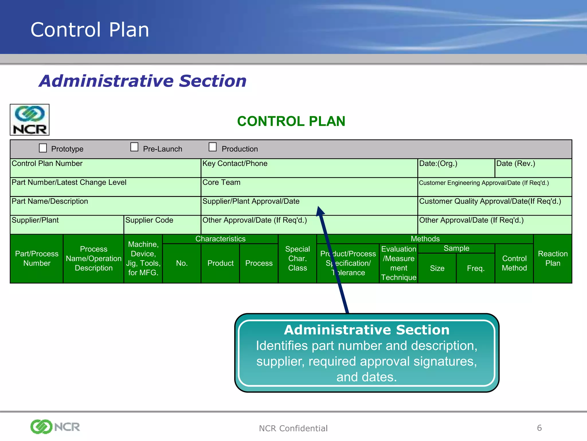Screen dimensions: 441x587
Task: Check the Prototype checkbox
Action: pos(43,148)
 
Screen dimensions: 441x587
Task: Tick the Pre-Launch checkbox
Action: pos(134,147)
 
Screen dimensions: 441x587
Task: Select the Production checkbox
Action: pos(212,147)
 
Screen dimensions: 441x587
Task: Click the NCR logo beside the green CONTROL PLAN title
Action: pos(30,120)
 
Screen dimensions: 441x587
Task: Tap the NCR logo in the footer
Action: pos(55,427)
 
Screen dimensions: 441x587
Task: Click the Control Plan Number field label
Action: pos(47,164)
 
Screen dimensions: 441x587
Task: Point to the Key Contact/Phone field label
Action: pos(235,164)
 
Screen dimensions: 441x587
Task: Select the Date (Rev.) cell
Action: pos(533,168)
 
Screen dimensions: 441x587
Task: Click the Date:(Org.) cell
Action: pos(456,168)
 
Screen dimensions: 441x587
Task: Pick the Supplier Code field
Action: pos(162,225)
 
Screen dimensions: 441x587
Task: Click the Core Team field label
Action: pos(221,183)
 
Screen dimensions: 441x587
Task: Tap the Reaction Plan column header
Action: pos(553,258)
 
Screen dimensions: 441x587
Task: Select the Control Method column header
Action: pos(514,263)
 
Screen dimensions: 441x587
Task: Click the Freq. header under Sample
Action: pos(476,268)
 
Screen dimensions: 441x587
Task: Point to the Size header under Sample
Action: pos(437,268)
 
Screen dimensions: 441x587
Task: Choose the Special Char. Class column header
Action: pos(298,258)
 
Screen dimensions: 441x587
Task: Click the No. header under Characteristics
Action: pos(182,263)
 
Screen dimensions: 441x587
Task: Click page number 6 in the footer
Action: pos(539,428)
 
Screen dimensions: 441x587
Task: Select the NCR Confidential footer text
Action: pos(293,428)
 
